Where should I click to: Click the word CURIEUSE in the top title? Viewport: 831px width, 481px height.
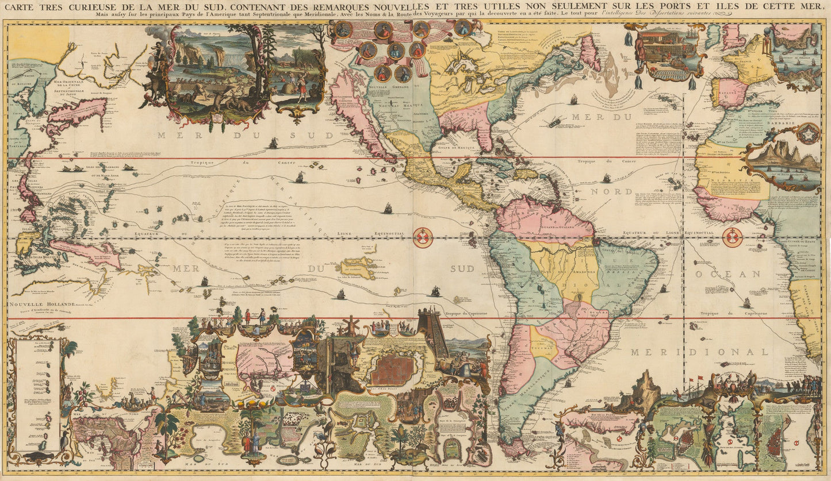point(90,7)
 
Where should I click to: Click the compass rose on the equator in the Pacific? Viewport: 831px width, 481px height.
point(423,237)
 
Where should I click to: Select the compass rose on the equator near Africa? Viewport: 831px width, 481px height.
point(732,236)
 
